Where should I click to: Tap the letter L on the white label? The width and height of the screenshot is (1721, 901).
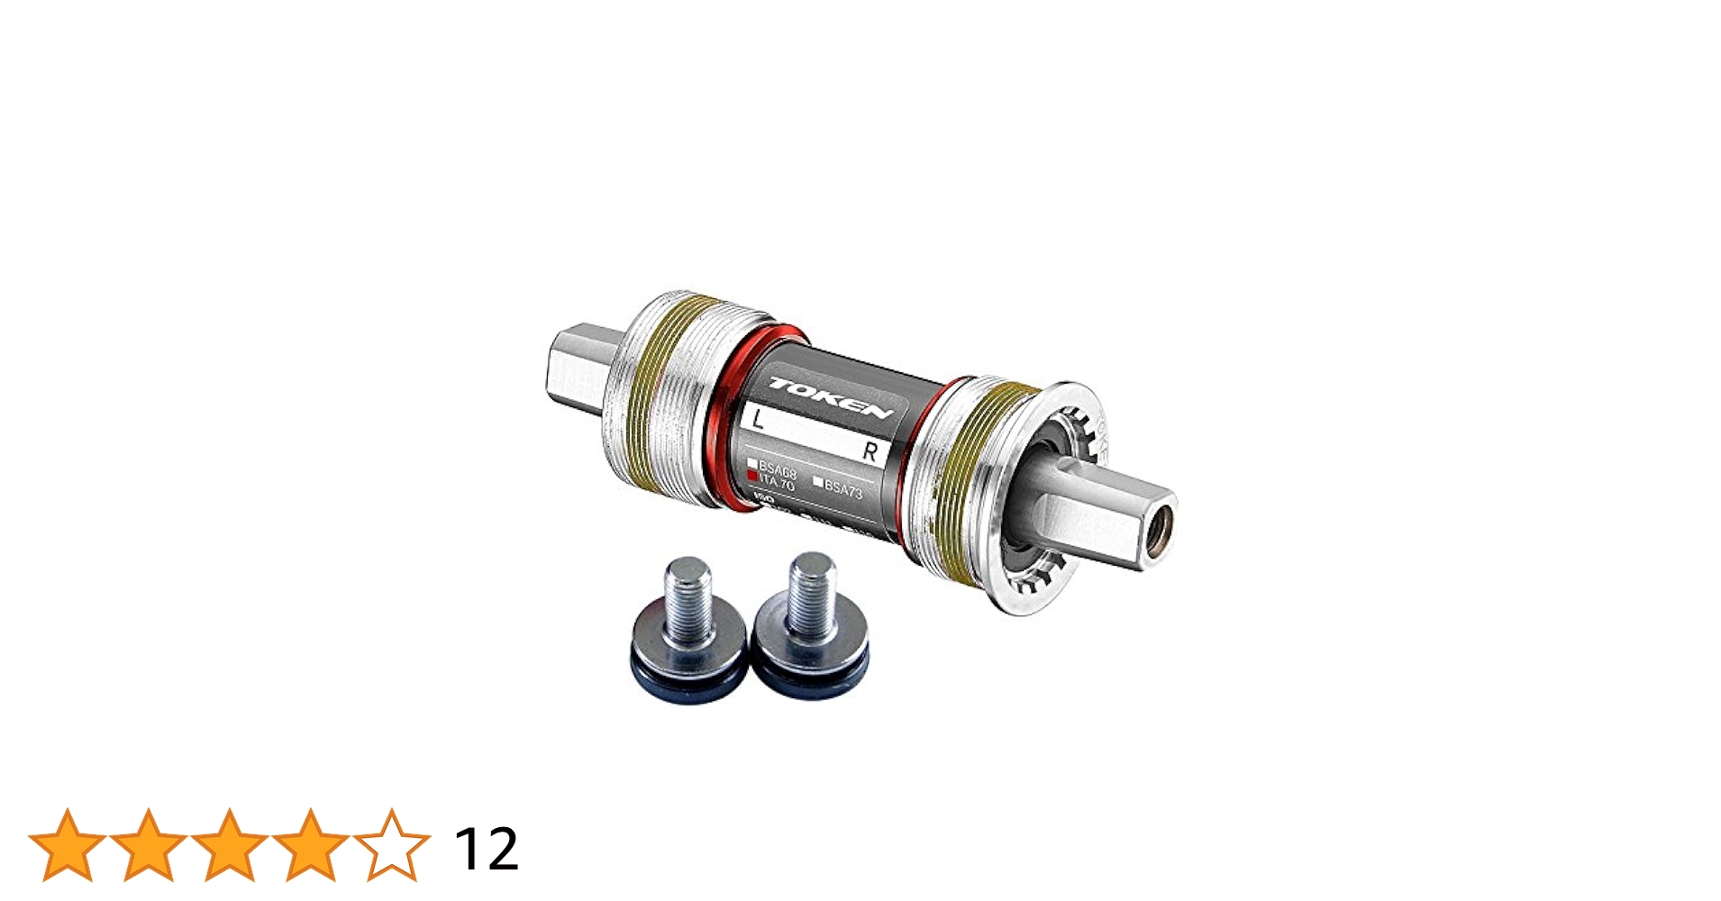(758, 419)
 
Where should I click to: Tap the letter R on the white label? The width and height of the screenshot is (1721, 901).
(870, 451)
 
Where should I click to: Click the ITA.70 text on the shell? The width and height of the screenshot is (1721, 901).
(776, 484)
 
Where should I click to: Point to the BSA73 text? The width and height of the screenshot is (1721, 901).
(843, 489)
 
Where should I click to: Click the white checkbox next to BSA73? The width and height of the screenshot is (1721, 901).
(818, 483)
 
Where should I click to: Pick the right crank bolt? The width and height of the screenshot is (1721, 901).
(810, 616)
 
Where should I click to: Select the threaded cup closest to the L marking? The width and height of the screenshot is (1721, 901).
(662, 396)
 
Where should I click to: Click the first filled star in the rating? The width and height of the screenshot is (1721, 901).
(68, 845)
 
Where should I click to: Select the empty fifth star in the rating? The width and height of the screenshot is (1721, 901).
(391, 845)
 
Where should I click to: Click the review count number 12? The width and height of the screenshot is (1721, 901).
(486, 848)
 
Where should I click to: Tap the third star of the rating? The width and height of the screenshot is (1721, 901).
(229, 845)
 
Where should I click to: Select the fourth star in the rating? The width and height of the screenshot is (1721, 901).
(310, 845)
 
